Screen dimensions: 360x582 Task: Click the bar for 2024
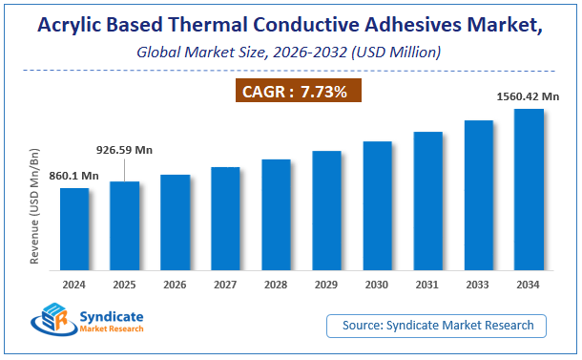[x=74, y=229]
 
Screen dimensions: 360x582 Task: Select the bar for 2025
[x=125, y=226]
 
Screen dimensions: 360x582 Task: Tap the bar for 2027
[x=225, y=219]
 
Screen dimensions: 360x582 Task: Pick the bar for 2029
[x=326, y=211]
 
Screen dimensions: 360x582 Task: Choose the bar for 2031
[x=427, y=201]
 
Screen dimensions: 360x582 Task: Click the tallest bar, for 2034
[x=529, y=190]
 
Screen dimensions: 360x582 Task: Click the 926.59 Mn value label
[x=124, y=151]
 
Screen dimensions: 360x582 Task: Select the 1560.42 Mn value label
[x=528, y=95]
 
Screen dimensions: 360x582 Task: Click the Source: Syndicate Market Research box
[x=437, y=326]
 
